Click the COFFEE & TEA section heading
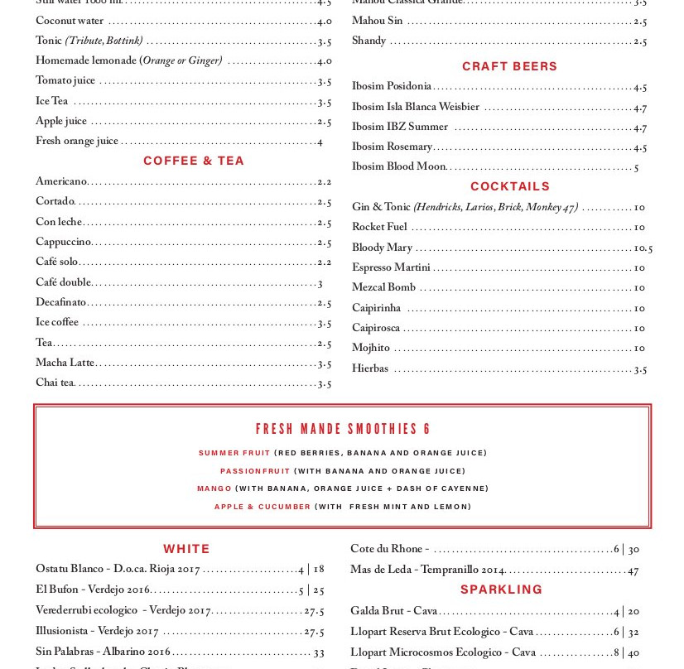[x=194, y=161]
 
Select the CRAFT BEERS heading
[x=509, y=66]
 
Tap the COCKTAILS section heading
[x=510, y=186]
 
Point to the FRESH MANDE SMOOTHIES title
[x=343, y=429]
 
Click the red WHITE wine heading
[x=186, y=549]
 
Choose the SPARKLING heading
[x=501, y=590]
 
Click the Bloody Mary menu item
[x=382, y=248]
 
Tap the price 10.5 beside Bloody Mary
[x=643, y=248]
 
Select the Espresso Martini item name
[x=391, y=267]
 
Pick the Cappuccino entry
[x=63, y=242]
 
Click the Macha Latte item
[x=65, y=363]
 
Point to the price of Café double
[x=320, y=283]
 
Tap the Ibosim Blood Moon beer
[x=398, y=166]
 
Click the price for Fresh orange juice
[x=320, y=142]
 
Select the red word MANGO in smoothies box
[x=214, y=489]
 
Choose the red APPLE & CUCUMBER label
[x=263, y=507]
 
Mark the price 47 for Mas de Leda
[x=633, y=570]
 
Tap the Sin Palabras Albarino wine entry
[x=103, y=652]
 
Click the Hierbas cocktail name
[x=370, y=368]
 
